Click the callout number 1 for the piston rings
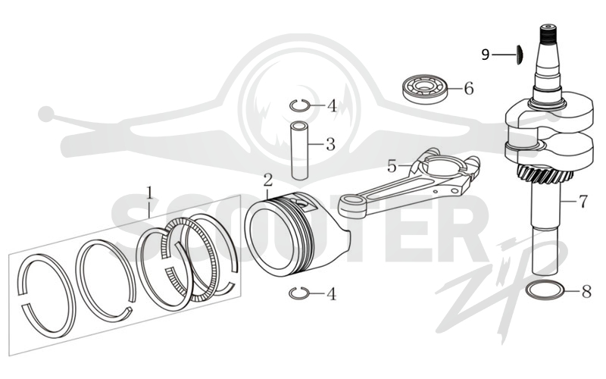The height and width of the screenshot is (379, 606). tap(149, 193)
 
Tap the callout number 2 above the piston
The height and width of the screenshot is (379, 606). tap(268, 180)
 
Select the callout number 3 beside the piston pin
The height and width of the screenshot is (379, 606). tap(330, 145)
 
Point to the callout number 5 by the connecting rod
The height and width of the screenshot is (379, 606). tap(392, 166)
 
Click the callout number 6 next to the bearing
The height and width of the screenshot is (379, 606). tap(468, 89)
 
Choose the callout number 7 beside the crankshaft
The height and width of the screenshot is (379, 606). tap(583, 202)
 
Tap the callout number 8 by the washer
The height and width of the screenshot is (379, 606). tap(586, 291)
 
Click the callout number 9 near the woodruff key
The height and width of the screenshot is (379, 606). tap(486, 55)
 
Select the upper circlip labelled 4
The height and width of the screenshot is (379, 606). tap(299, 105)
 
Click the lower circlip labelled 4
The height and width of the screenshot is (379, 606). tap(298, 293)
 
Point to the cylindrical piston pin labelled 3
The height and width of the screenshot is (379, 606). tap(299, 151)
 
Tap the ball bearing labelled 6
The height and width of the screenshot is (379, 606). tap(424, 89)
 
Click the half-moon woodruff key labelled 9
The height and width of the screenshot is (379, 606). tap(520, 54)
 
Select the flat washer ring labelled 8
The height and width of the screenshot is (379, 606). tap(545, 290)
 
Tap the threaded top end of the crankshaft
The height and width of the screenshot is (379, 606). tap(548, 35)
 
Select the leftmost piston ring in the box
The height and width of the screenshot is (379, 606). tap(45, 296)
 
